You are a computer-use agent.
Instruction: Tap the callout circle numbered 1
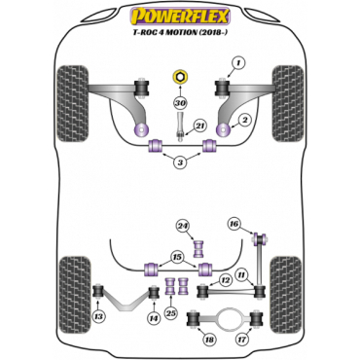(x=234, y=65)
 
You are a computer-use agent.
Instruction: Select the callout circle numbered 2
(x=247, y=119)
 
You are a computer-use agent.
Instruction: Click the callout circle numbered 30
(x=179, y=102)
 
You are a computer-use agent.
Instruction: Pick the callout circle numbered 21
(x=198, y=126)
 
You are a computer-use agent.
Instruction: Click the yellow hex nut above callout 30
(x=180, y=78)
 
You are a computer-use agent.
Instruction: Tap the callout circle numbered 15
(x=177, y=257)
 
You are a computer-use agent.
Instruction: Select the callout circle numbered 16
(x=234, y=224)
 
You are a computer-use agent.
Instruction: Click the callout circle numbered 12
(x=225, y=279)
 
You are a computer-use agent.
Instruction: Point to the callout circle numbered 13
(x=99, y=317)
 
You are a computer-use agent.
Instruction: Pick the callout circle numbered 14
(x=154, y=317)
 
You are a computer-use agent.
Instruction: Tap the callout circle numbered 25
(x=172, y=312)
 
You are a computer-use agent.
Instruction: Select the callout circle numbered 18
(x=206, y=341)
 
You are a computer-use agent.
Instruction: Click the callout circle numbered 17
(x=242, y=341)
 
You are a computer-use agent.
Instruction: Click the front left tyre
(x=73, y=95)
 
